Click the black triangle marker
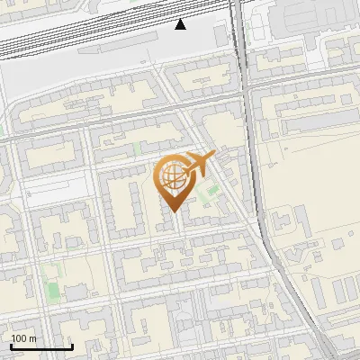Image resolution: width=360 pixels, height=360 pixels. pyautogui.click(x=180, y=24)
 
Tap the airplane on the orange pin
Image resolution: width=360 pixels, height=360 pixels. pyautogui.click(x=198, y=164)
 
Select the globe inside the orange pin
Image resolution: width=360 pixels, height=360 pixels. pyautogui.click(x=172, y=177)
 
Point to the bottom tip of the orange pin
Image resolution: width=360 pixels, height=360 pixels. pyautogui.click(x=173, y=211)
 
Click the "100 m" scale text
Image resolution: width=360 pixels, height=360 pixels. pyautogui.click(x=24, y=338)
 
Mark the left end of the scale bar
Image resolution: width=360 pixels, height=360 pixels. pyautogui.click(x=11, y=346)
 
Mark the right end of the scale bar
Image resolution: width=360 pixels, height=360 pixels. pyautogui.click(x=72, y=346)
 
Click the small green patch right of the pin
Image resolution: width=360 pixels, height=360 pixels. pyautogui.click(x=212, y=190)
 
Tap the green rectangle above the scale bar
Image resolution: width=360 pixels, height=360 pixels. pyautogui.click(x=51, y=290)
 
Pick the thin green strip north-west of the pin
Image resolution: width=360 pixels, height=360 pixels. pyautogui.click(x=136, y=148)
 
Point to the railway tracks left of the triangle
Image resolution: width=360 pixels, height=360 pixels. pyautogui.click(x=90, y=40)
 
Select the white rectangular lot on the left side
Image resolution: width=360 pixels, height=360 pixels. pyautogui.click(x=40, y=187)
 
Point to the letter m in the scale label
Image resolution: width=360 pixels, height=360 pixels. pyautogui.click(x=33, y=338)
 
